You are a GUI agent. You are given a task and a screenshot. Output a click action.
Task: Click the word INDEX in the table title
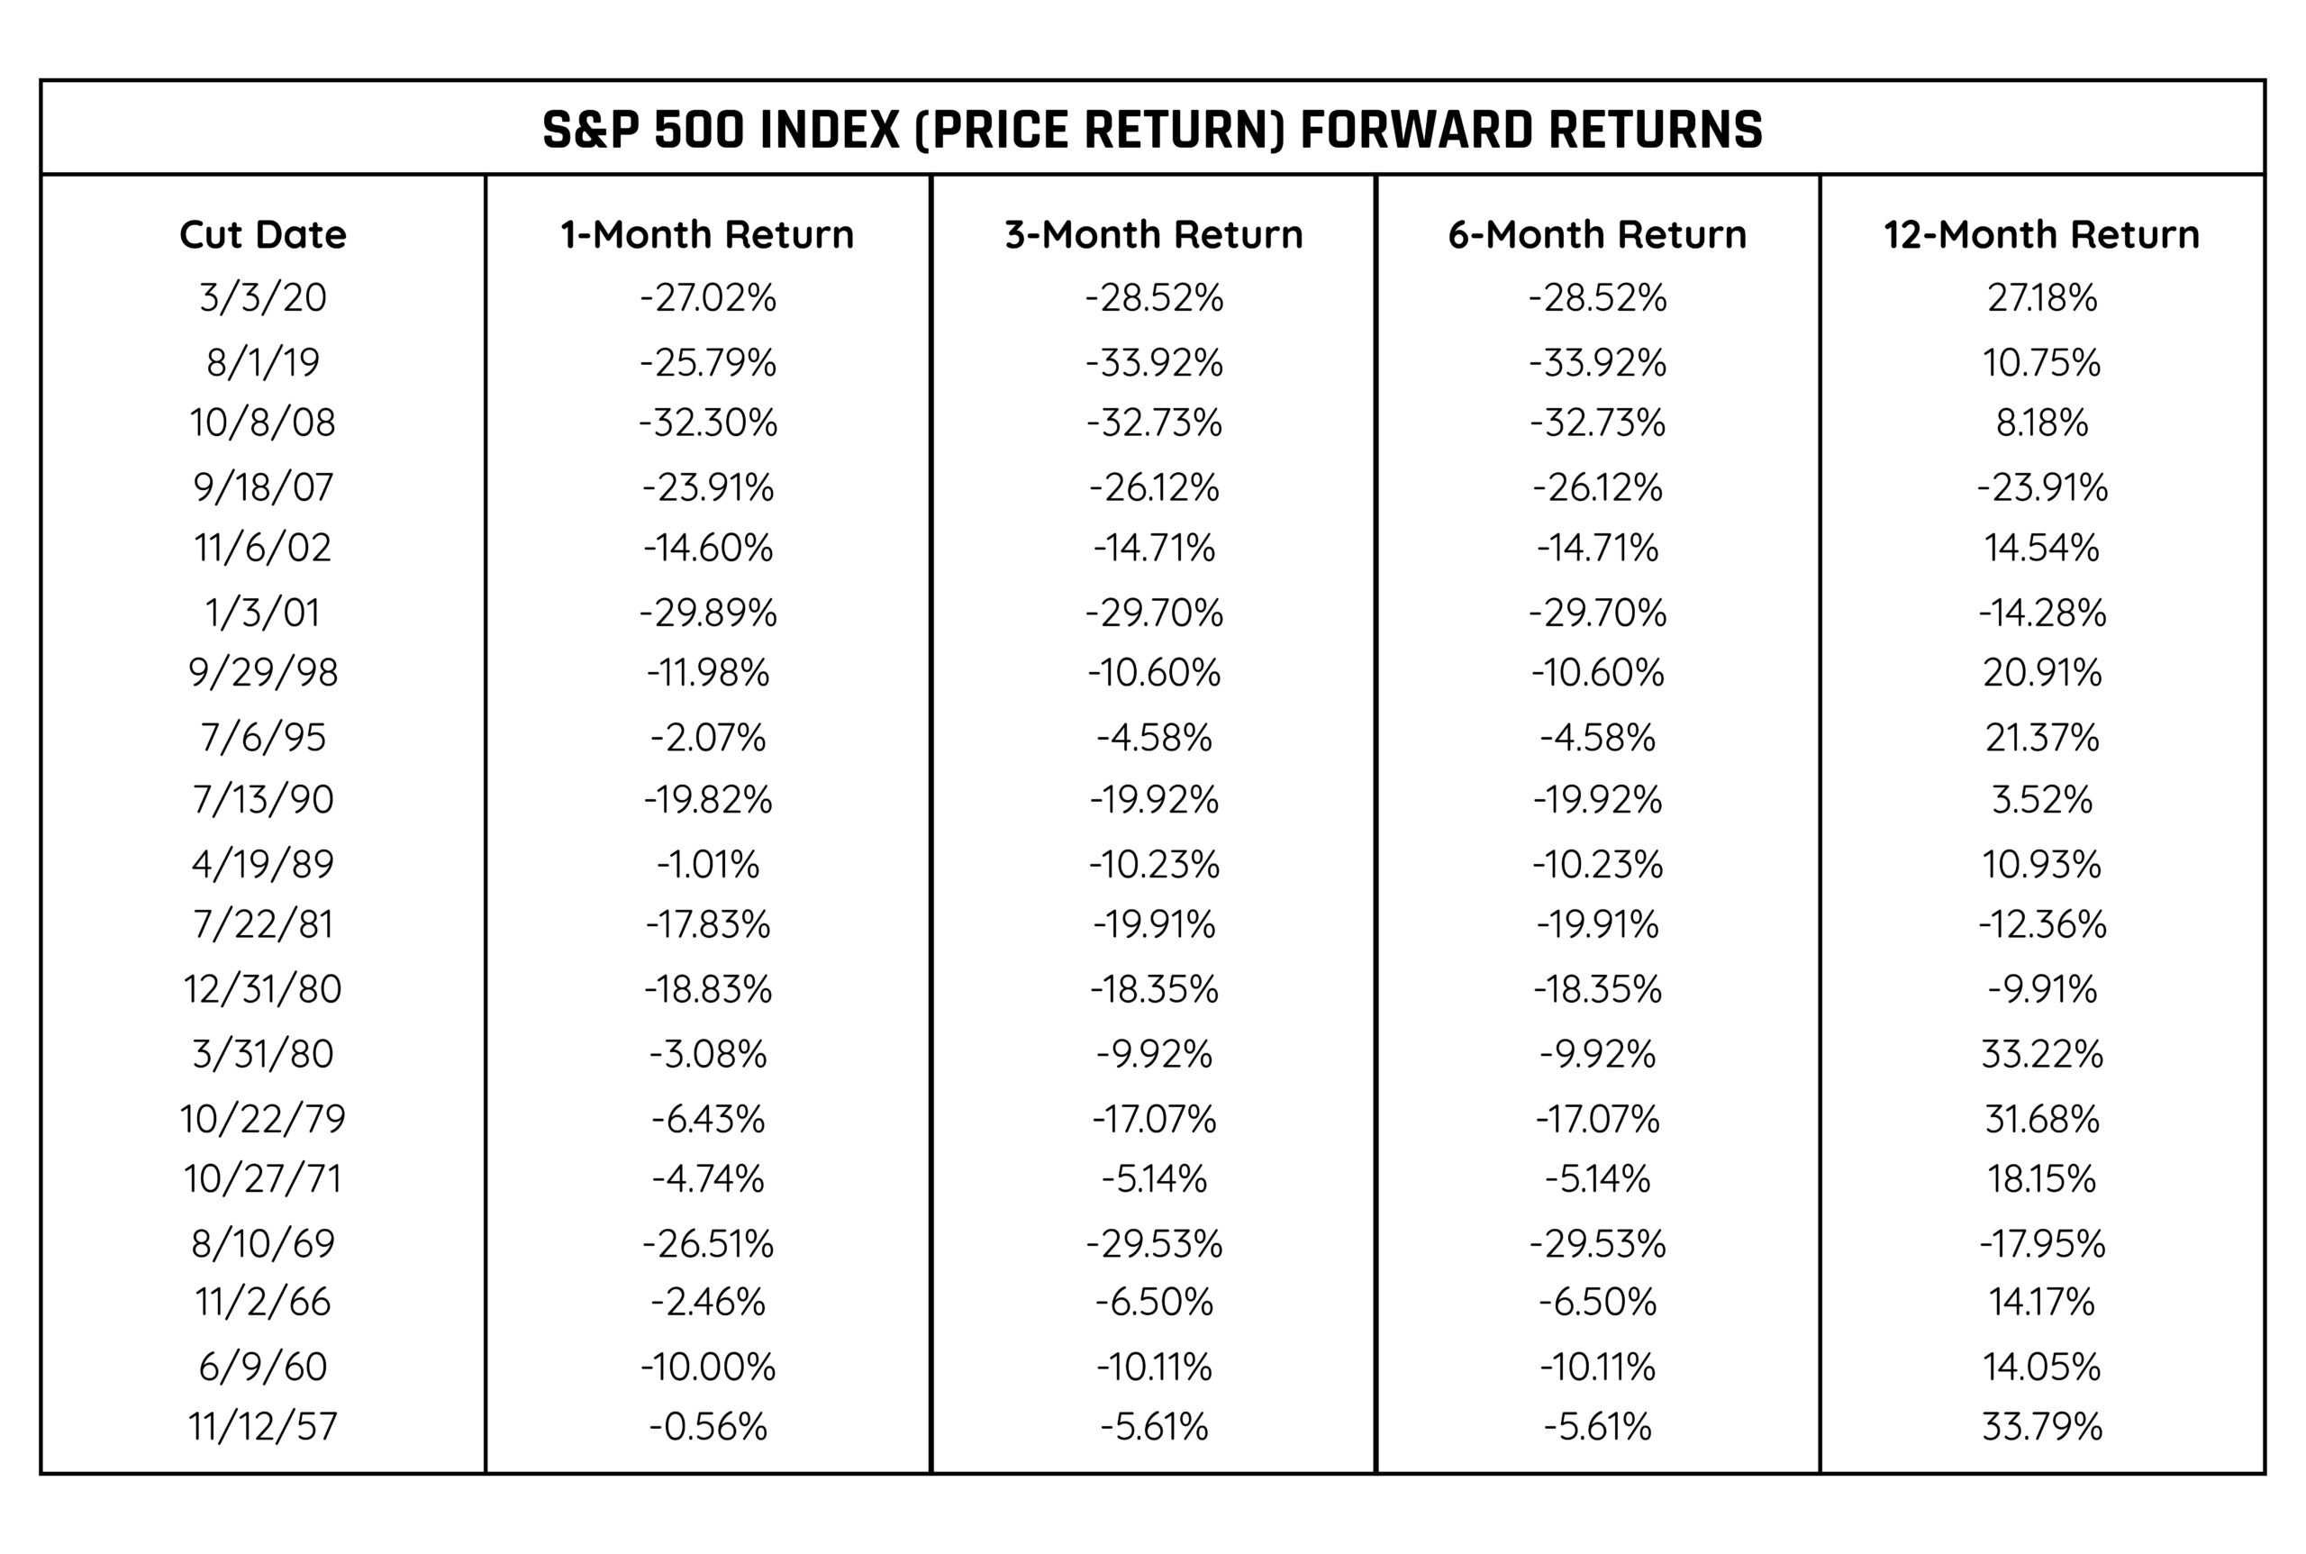(x=829, y=130)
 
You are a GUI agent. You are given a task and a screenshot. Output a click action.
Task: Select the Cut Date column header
(x=263, y=235)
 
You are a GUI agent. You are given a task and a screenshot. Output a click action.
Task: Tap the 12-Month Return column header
(x=2041, y=235)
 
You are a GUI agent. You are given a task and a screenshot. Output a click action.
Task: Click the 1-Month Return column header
(x=706, y=235)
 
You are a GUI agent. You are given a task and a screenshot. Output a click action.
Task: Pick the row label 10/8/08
(x=263, y=423)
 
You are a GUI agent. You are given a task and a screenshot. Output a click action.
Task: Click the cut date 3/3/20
(x=263, y=297)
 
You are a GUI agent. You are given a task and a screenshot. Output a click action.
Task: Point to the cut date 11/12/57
(x=263, y=1427)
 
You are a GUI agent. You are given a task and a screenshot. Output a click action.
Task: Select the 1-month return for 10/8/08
(x=707, y=423)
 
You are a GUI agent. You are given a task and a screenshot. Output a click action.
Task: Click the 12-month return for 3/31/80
(x=2041, y=1053)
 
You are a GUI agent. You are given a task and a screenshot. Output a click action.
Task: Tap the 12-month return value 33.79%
(x=2041, y=1427)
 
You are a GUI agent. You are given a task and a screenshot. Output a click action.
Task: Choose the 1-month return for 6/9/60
(x=707, y=1368)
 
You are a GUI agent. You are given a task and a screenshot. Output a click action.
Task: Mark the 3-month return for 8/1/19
(x=1154, y=363)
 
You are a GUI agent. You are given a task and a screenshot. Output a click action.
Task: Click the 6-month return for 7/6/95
(x=1597, y=737)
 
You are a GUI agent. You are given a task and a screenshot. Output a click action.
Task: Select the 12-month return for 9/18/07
(x=2041, y=487)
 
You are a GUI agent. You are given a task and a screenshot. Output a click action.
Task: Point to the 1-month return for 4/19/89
(x=707, y=864)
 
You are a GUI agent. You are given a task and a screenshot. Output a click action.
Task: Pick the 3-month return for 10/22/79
(x=1154, y=1119)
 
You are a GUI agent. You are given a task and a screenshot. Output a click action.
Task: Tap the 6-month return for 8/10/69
(x=1597, y=1244)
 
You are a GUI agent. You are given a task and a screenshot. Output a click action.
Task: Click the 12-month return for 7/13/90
(x=2041, y=800)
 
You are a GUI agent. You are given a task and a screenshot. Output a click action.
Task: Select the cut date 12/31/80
(x=263, y=989)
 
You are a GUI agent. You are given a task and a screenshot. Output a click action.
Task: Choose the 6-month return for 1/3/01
(x=1597, y=613)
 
